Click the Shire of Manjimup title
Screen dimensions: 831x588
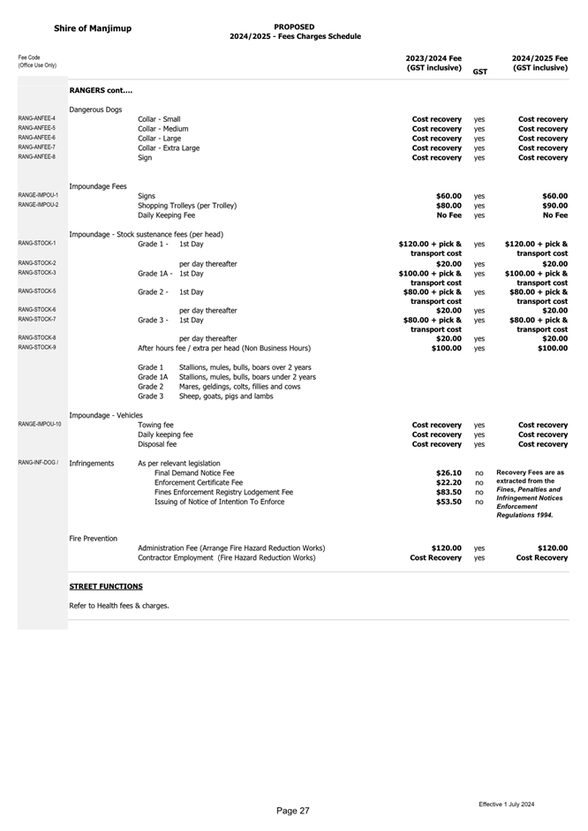point(93,28)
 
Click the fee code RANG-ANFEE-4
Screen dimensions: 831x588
point(37,118)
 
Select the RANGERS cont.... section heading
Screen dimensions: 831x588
point(101,90)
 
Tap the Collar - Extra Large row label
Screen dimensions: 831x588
point(169,148)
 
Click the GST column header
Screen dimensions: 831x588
point(479,72)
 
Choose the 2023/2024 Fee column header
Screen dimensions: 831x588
point(433,63)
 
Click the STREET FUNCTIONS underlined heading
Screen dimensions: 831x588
point(106,586)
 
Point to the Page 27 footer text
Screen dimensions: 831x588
point(293,811)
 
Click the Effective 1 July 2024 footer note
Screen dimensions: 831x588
point(507,805)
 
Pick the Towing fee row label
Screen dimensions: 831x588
point(156,425)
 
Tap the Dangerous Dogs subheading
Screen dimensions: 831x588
point(95,109)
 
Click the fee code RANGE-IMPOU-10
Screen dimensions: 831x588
point(40,425)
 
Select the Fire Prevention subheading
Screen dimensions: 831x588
point(93,538)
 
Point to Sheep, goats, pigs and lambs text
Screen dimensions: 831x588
point(226,397)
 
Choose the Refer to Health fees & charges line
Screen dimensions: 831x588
point(119,606)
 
